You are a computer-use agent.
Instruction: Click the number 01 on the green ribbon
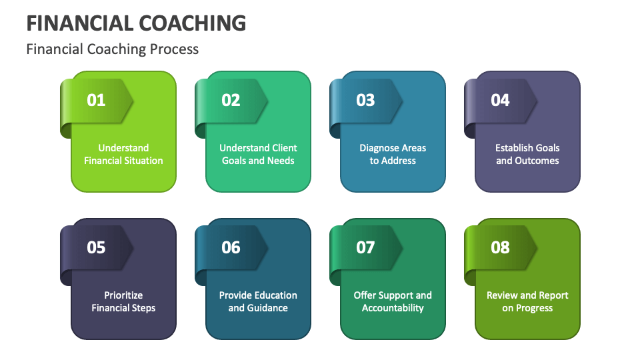pyautogui.click(x=97, y=100)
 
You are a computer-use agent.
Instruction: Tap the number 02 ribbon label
pyautogui.click(x=231, y=100)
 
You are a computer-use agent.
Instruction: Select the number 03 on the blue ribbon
pyautogui.click(x=366, y=100)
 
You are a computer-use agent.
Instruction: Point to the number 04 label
pyautogui.click(x=501, y=100)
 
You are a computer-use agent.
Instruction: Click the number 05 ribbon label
pyautogui.click(x=97, y=247)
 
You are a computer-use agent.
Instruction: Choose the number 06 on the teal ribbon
pyautogui.click(x=231, y=247)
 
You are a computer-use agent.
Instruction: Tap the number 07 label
pyautogui.click(x=366, y=247)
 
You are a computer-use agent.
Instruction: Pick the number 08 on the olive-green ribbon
pyautogui.click(x=501, y=247)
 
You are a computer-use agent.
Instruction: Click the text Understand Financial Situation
pyautogui.click(x=123, y=154)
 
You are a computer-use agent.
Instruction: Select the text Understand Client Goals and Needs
pyautogui.click(x=258, y=154)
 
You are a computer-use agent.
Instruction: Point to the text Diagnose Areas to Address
pyautogui.click(x=393, y=154)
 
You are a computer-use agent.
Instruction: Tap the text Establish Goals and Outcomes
pyautogui.click(x=527, y=154)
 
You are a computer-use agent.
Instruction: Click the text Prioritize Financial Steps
pyautogui.click(x=123, y=301)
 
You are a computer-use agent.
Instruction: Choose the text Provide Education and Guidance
pyautogui.click(x=258, y=301)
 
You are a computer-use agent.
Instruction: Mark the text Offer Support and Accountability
pyautogui.click(x=393, y=301)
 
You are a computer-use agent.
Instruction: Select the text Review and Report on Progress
pyautogui.click(x=527, y=301)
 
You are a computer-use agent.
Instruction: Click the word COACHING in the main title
pyautogui.click(x=193, y=23)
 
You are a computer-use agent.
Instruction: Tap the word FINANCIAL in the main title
pyautogui.click(x=79, y=23)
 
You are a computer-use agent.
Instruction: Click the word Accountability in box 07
pyautogui.click(x=393, y=308)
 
